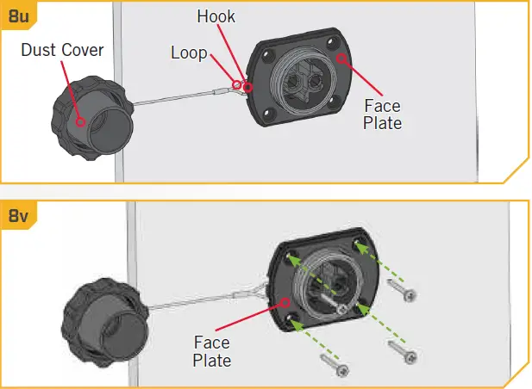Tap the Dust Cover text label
tap(62, 50)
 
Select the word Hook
tap(215, 16)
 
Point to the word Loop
tap(188, 53)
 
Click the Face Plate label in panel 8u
tap(382, 114)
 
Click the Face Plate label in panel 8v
tap(212, 351)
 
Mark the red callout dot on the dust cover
tap(81, 121)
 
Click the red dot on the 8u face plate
tap(343, 59)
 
